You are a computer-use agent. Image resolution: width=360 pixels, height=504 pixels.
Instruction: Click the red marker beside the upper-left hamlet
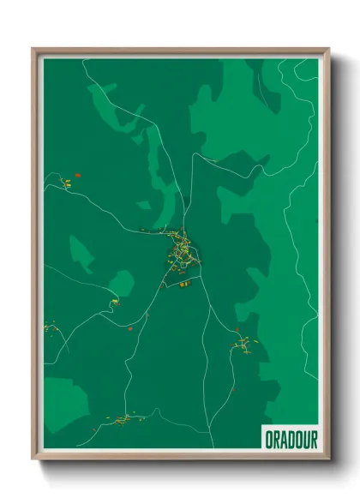coord(78,175)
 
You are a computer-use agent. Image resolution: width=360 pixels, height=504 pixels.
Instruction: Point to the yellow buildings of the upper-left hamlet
coord(65,182)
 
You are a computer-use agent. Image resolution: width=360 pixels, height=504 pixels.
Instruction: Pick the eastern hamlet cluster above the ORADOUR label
coord(243,345)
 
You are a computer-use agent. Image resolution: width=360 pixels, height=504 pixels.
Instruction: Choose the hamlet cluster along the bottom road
coord(125,418)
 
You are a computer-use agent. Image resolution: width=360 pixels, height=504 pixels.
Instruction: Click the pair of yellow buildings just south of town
coord(183,284)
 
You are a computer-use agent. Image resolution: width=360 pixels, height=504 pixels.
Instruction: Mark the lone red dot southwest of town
coord(129,328)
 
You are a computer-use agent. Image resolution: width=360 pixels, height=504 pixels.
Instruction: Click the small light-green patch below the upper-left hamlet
coord(81,253)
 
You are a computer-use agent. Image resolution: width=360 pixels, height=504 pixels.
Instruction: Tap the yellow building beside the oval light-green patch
coord(114,301)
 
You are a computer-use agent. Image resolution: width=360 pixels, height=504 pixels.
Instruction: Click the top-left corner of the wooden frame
coord(33,50)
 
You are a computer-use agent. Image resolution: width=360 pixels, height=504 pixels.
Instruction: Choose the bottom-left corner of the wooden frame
coord(33,458)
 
